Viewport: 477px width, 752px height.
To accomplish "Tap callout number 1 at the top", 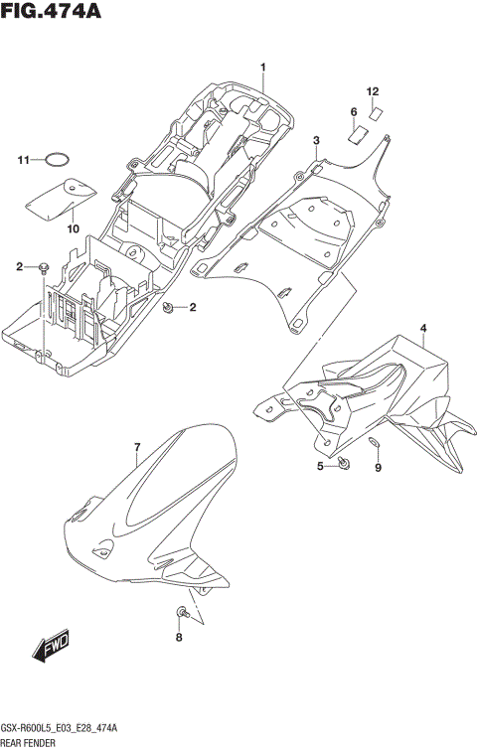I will (x=263, y=68).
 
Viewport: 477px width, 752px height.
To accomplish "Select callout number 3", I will (x=316, y=141).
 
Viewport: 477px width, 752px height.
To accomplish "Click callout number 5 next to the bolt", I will (x=320, y=466).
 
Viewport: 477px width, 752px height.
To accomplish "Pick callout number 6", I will (x=353, y=111).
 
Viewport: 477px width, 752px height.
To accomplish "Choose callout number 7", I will (x=137, y=449).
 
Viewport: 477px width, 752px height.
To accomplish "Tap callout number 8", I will (x=180, y=638).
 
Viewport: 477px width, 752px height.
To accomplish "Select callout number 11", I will (x=23, y=159).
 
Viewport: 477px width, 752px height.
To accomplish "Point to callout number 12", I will (x=373, y=92).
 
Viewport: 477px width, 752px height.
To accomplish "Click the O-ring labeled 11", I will (x=60, y=159).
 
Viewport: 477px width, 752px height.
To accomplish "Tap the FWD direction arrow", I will (x=50, y=647).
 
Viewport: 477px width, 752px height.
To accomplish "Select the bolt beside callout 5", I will (x=343, y=463).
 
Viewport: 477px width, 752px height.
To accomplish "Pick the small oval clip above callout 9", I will (x=375, y=441).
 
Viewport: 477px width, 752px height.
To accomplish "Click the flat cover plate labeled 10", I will (x=56, y=197).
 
